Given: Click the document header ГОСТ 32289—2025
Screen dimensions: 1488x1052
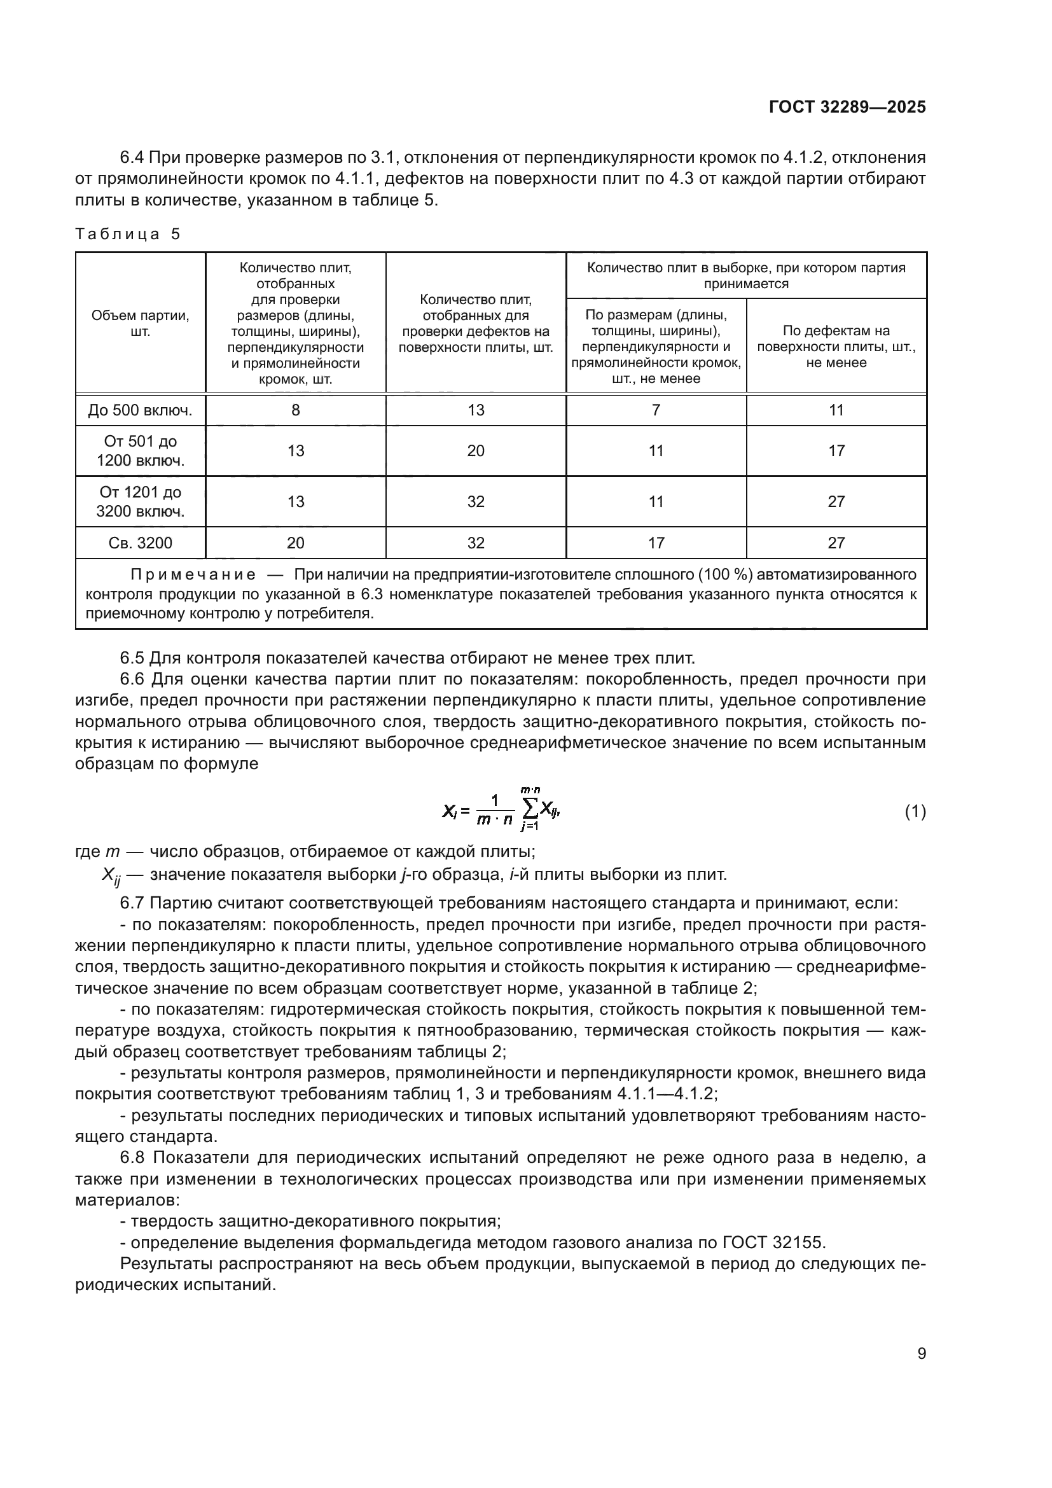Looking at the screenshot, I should tap(847, 108).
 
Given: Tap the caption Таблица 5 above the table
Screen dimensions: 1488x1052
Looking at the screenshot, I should tap(128, 234).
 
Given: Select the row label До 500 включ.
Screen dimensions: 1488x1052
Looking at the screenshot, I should tap(141, 410).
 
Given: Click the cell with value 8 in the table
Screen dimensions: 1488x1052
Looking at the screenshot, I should tap(295, 410).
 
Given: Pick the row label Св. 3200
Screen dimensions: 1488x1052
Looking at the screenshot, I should tap(141, 543).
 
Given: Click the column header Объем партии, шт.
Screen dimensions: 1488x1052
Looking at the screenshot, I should tap(141, 323).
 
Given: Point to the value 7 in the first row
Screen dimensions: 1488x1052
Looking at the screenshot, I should tap(656, 410).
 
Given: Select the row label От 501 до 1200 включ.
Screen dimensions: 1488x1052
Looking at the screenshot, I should tap(141, 451).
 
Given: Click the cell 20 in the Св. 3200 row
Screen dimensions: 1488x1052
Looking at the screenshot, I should tap(295, 543).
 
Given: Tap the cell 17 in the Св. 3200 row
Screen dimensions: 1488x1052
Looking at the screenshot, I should tap(656, 543).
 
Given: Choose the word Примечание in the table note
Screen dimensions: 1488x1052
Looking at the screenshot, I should tap(193, 575).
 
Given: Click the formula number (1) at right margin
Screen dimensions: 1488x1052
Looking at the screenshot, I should tap(915, 811).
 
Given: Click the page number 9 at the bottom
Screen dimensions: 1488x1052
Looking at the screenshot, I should tap(921, 1354).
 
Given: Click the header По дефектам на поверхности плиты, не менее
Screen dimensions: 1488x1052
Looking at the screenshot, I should tap(836, 347).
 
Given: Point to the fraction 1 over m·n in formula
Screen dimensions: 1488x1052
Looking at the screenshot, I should tap(494, 810).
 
